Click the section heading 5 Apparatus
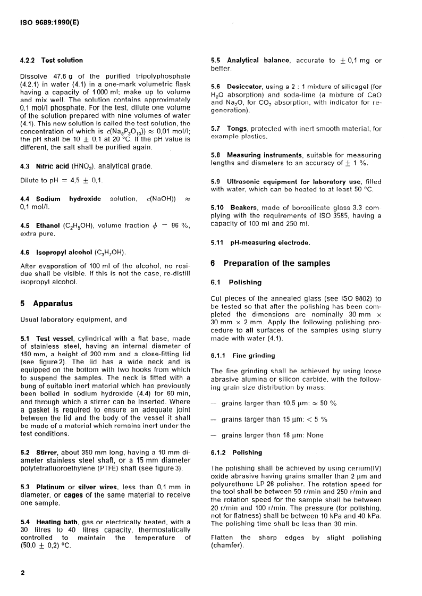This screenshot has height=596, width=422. click(46, 304)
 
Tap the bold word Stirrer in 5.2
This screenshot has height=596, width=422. click(49, 453)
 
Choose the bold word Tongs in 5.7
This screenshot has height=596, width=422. click(237, 128)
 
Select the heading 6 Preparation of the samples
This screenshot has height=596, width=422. click(270, 263)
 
